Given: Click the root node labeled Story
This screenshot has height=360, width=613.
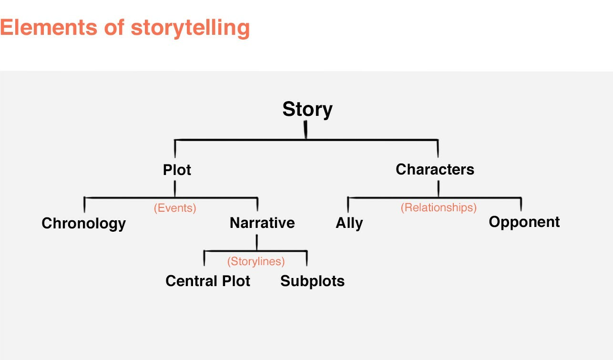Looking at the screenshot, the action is click(x=307, y=110).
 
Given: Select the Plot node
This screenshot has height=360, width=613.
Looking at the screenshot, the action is click(x=177, y=170).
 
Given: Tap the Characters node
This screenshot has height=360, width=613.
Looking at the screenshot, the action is click(x=435, y=169).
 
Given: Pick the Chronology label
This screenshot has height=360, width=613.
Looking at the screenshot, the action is click(x=84, y=224).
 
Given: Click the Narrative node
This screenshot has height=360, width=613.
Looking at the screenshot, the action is click(x=262, y=223).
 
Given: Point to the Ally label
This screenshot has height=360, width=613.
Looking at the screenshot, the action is click(x=349, y=224).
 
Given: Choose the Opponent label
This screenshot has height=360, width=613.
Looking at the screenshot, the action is click(x=524, y=222).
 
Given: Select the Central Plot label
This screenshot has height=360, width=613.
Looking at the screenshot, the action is click(x=208, y=281).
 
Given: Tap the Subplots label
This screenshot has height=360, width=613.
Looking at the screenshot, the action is click(x=312, y=281).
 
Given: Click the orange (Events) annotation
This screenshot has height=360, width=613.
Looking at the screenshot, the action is click(x=175, y=208).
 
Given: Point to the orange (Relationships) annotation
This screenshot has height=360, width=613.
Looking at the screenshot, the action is click(x=439, y=207).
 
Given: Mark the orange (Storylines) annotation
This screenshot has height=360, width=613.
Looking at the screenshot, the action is click(x=256, y=261).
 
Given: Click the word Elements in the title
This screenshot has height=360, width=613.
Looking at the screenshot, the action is click(x=49, y=27).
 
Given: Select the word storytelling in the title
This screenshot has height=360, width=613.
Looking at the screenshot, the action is click(x=191, y=29).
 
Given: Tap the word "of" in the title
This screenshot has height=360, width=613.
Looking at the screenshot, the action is click(x=114, y=27).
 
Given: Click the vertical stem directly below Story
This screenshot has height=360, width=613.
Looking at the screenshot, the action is click(x=306, y=130).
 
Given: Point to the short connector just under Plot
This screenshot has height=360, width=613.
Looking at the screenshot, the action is click(x=175, y=188).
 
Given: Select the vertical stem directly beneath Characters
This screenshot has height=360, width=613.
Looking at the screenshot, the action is click(x=439, y=188).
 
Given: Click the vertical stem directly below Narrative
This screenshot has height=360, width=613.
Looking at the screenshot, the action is click(x=257, y=242).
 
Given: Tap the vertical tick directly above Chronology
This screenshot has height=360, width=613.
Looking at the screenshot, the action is click(x=84, y=205).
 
